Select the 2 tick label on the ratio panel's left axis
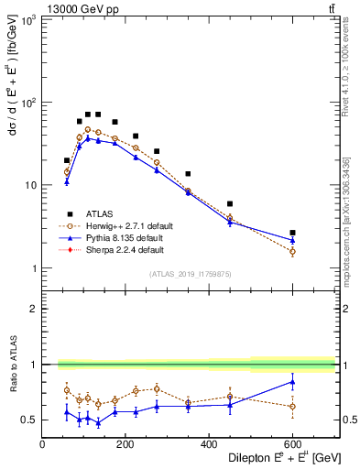pyautogui.click(x=33, y=310)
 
